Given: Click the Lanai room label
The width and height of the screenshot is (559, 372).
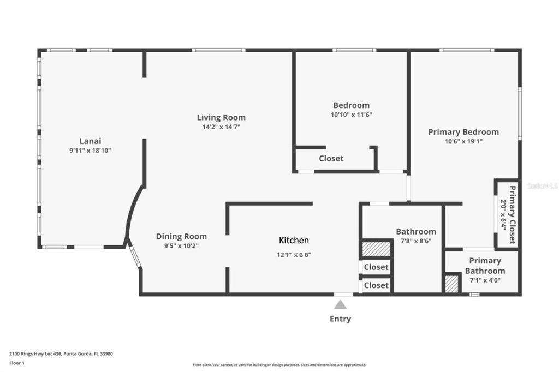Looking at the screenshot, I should pos(90,140).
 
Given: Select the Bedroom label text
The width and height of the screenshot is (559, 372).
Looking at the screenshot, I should pos(351,105).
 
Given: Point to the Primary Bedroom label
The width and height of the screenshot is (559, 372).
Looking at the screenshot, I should pos(463,131).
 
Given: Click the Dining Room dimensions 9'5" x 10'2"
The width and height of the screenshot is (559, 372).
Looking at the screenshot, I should pos(181,245).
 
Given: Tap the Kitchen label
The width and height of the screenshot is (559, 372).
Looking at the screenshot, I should pos(294,240).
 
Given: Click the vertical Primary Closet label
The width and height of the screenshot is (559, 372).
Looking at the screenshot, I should pos(512,215).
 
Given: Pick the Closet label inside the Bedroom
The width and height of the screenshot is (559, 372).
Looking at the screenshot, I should pos(331,158).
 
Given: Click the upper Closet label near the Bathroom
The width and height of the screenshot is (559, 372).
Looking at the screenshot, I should pos(376,267).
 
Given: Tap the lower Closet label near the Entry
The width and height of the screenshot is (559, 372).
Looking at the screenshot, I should pos(376,285).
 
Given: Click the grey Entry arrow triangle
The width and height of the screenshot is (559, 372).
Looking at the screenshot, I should pos(340,304).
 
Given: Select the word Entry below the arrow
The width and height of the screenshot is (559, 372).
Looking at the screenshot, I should pos(340,319).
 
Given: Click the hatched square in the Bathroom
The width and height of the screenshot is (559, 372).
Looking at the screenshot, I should pos(376,249).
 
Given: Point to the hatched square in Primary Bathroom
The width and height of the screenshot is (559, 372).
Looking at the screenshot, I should pos(451,284).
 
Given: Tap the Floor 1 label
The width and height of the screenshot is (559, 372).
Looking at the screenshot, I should pos(17,362).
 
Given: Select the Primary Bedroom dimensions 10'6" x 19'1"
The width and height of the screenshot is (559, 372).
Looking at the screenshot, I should pos(463,141).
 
